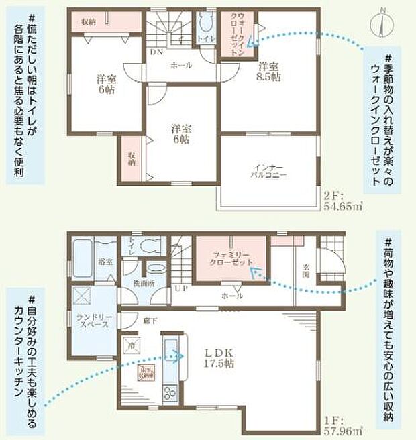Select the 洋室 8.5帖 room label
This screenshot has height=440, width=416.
tap(270, 72)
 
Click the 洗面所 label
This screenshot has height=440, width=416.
tap(144, 284)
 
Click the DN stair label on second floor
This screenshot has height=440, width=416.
tap(156, 52)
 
